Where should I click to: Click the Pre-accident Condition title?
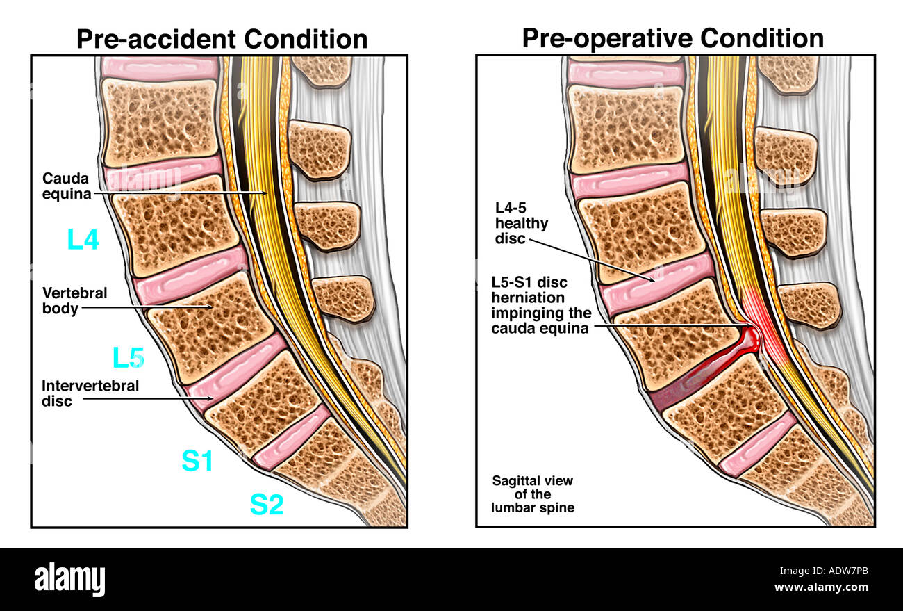tap(222, 39)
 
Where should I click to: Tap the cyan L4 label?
tap(83, 240)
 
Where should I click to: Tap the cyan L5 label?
tap(129, 358)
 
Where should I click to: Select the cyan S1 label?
tap(197, 461)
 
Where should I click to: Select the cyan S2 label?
tap(267, 505)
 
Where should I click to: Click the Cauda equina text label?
tap(67, 186)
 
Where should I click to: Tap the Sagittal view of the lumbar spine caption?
tap(532, 494)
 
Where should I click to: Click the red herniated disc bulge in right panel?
tap(749, 341)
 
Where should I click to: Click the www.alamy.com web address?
tap(821, 588)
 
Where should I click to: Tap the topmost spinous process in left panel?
tap(322, 70)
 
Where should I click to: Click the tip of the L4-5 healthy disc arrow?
tap(654, 281)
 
